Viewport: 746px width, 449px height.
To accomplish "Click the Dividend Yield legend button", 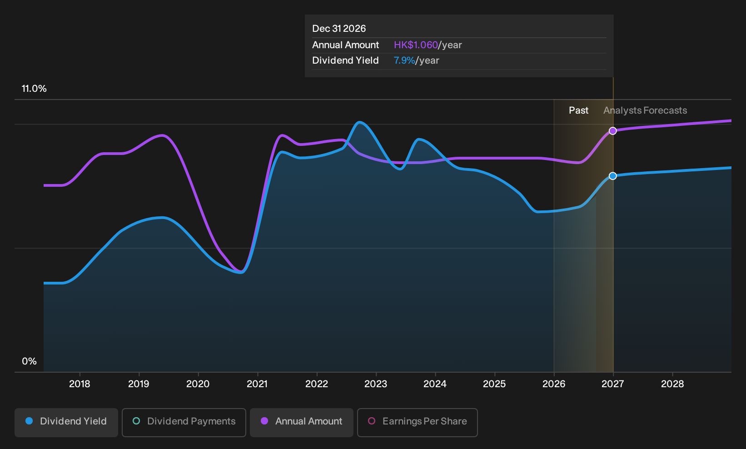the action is click(x=66, y=422).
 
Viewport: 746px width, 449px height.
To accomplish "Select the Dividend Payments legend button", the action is click(x=184, y=422).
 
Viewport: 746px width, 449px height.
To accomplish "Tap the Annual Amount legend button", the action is click(x=301, y=422).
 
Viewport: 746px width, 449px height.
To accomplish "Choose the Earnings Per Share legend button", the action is click(x=417, y=422).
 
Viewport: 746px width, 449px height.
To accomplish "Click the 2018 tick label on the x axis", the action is click(x=80, y=384).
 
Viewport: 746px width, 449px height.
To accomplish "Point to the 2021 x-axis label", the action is click(x=257, y=384).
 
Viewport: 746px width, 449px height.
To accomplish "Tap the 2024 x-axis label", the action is click(x=435, y=384).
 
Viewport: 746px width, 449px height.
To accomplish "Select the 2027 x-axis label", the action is click(x=613, y=384).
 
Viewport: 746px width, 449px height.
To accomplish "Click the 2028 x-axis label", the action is click(x=672, y=384).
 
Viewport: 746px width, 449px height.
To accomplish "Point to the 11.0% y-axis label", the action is click(x=34, y=89).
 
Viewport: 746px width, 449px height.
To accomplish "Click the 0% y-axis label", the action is click(x=30, y=361).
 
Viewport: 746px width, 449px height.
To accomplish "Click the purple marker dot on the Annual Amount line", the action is click(x=613, y=131).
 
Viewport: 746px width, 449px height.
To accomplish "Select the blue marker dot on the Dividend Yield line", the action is click(x=613, y=176).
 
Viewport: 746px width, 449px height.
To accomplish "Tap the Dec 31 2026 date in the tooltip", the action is click(x=339, y=29).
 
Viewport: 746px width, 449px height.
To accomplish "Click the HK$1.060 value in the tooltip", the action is click(x=416, y=45).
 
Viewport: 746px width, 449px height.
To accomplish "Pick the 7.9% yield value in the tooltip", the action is click(x=404, y=60).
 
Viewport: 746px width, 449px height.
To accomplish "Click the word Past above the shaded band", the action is click(x=578, y=110).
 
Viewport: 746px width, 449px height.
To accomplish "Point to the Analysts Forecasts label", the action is click(x=645, y=110).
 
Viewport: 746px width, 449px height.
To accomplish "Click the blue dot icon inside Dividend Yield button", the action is click(x=30, y=421).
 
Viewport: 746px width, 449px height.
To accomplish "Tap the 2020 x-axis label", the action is click(x=198, y=384).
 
